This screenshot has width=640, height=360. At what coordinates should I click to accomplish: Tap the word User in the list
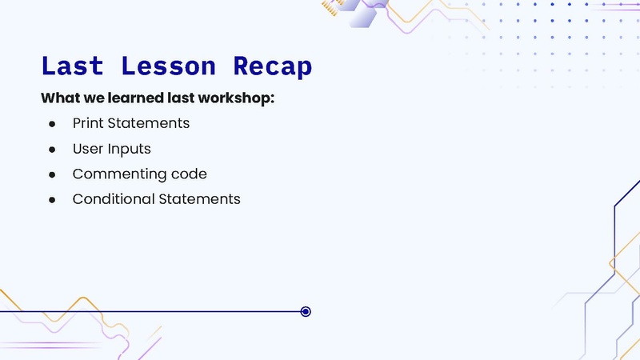click(x=87, y=149)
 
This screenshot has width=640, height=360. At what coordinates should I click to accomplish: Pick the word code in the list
click(x=190, y=174)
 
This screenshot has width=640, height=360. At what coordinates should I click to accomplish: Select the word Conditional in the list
click(x=112, y=199)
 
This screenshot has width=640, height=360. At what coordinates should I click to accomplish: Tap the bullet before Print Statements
click(x=52, y=125)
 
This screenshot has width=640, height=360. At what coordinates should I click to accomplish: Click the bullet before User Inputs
click(x=52, y=150)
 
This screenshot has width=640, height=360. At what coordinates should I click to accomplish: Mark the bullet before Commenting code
click(x=52, y=174)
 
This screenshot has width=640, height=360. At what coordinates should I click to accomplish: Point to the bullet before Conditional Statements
click(x=52, y=199)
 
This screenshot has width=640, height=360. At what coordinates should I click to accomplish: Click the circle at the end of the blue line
click(x=306, y=311)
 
